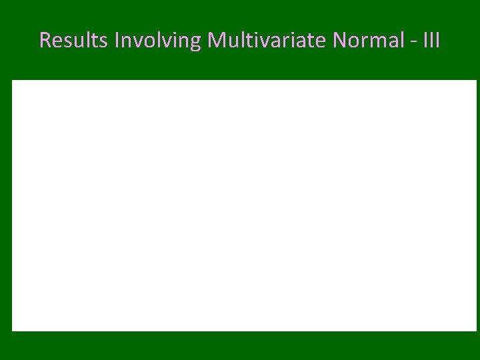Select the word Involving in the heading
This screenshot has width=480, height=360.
click(158, 41)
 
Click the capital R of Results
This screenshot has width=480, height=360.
click(45, 41)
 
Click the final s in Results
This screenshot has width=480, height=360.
click(106, 43)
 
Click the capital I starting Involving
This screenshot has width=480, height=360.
click(117, 41)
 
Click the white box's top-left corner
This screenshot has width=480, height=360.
click(12, 81)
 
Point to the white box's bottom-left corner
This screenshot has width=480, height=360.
click(12, 330)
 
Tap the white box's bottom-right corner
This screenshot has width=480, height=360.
click(476, 330)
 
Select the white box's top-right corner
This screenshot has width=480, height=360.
click(476, 81)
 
